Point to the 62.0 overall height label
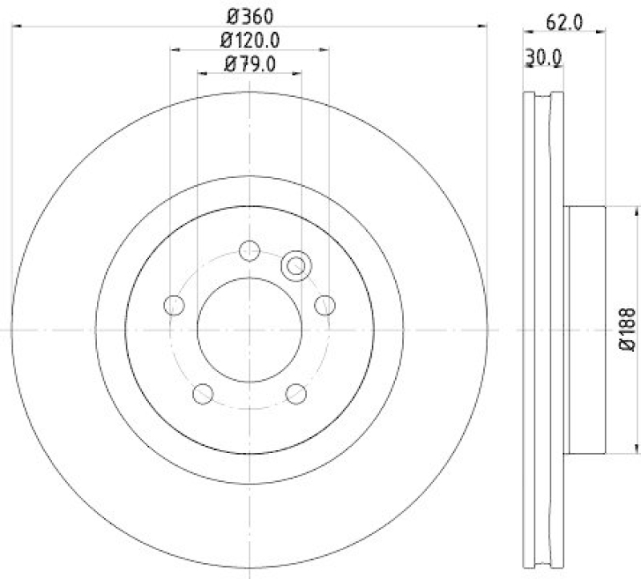566,23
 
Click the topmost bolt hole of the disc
250,250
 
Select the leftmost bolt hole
174,305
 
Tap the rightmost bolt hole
325,305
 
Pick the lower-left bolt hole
204,393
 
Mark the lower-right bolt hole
296,393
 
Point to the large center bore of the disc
249,329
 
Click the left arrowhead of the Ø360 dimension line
18,26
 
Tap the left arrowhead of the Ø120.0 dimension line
175,50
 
